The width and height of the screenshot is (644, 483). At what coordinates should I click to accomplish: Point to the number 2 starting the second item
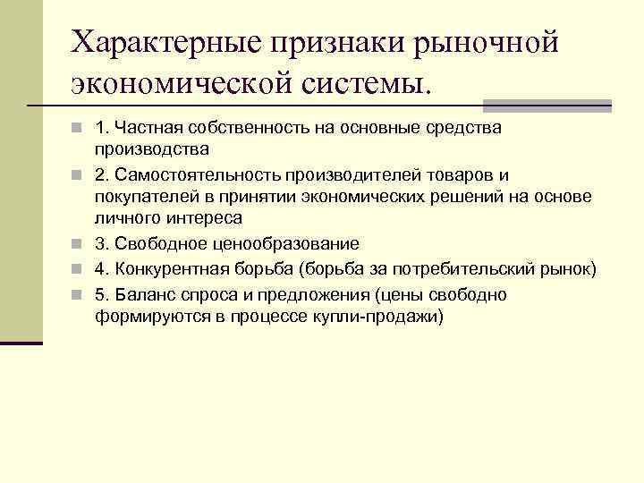click(x=99, y=174)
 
